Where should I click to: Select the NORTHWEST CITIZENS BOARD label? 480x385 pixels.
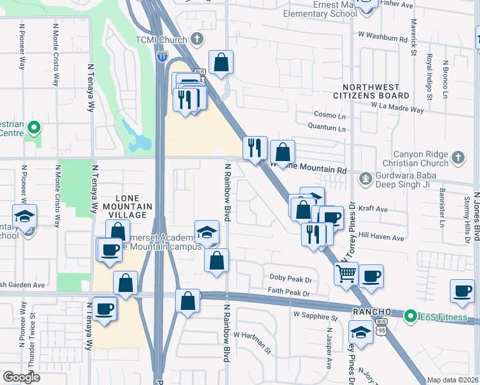tap(375, 91)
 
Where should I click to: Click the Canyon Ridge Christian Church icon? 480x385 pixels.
tap(458, 157)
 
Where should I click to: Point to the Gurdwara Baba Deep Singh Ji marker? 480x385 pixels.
tap(365, 177)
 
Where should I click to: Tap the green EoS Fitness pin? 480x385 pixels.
tap(409, 315)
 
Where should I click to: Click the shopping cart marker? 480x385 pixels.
tap(346, 274)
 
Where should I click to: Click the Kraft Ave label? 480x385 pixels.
tap(373, 209)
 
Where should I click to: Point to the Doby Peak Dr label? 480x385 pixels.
tap(290, 280)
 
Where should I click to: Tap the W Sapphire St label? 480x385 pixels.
tap(315, 316)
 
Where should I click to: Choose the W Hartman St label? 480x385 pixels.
tap(253, 335)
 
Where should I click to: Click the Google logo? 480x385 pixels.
tap(21, 377)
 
